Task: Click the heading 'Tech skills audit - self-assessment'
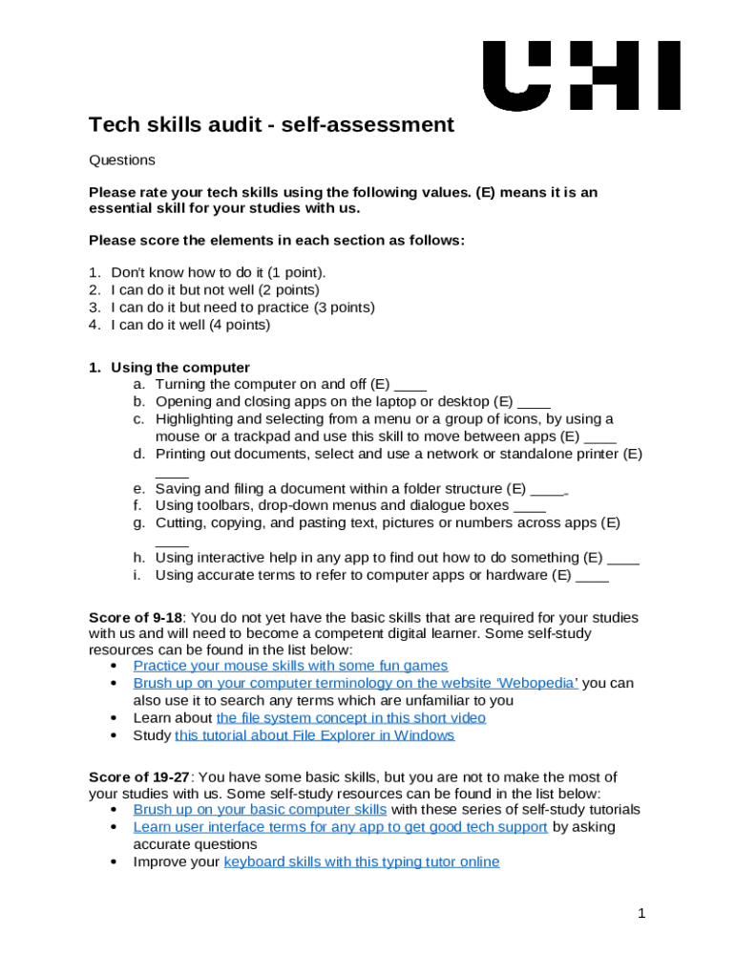coord(271,125)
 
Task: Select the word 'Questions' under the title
coord(121,160)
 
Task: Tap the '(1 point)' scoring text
coord(296,272)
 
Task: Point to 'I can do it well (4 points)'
coord(191,325)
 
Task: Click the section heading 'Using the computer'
coord(180,368)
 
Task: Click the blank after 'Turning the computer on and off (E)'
coord(410,386)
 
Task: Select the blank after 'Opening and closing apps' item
coord(534,403)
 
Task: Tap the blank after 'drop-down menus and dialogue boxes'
coord(529,506)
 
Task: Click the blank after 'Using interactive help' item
coord(622,558)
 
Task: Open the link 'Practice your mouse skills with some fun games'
coord(290,666)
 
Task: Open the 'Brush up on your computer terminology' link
coord(355,683)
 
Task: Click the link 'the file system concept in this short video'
coord(350,717)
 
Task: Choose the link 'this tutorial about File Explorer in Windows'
coord(314,735)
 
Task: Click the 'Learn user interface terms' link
coord(340,827)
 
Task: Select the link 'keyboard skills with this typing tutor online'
coord(361,861)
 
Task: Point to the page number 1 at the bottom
coord(642,914)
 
